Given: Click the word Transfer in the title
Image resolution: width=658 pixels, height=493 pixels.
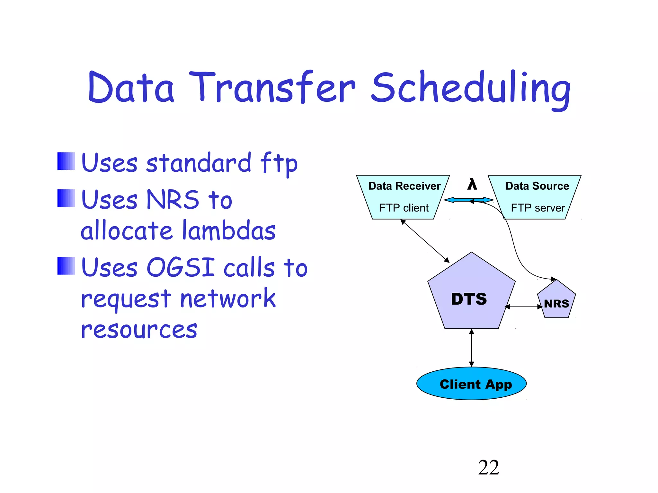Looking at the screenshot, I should (x=272, y=87).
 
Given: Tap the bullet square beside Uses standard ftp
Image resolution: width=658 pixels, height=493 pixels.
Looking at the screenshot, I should (x=66, y=161).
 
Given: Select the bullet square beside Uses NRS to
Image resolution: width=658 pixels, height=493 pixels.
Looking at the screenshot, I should (x=66, y=198).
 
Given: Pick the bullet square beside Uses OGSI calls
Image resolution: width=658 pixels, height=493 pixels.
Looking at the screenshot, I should (x=66, y=266).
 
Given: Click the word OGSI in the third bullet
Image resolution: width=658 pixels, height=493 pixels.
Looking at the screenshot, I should (x=181, y=267).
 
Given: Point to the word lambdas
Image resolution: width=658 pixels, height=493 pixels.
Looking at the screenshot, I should (x=229, y=230).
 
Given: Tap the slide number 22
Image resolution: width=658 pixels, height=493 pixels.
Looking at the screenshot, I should (x=488, y=467).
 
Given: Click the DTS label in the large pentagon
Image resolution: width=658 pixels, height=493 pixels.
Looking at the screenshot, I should (x=469, y=299).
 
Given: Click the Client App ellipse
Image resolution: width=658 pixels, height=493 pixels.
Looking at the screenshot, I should (x=471, y=384).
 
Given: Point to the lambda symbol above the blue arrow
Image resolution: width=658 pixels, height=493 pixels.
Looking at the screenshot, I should (x=472, y=184).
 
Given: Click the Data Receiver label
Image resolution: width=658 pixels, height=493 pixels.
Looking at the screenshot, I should (x=404, y=186).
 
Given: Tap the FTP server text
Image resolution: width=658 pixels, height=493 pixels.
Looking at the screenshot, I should (x=538, y=208).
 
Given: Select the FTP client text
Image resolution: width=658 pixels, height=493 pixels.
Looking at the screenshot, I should (x=404, y=208).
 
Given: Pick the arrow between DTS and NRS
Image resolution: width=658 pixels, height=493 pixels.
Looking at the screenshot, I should (x=524, y=307).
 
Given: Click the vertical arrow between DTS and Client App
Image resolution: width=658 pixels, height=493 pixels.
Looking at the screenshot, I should (x=471, y=348).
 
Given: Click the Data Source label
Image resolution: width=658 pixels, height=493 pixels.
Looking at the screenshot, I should (x=537, y=186).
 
